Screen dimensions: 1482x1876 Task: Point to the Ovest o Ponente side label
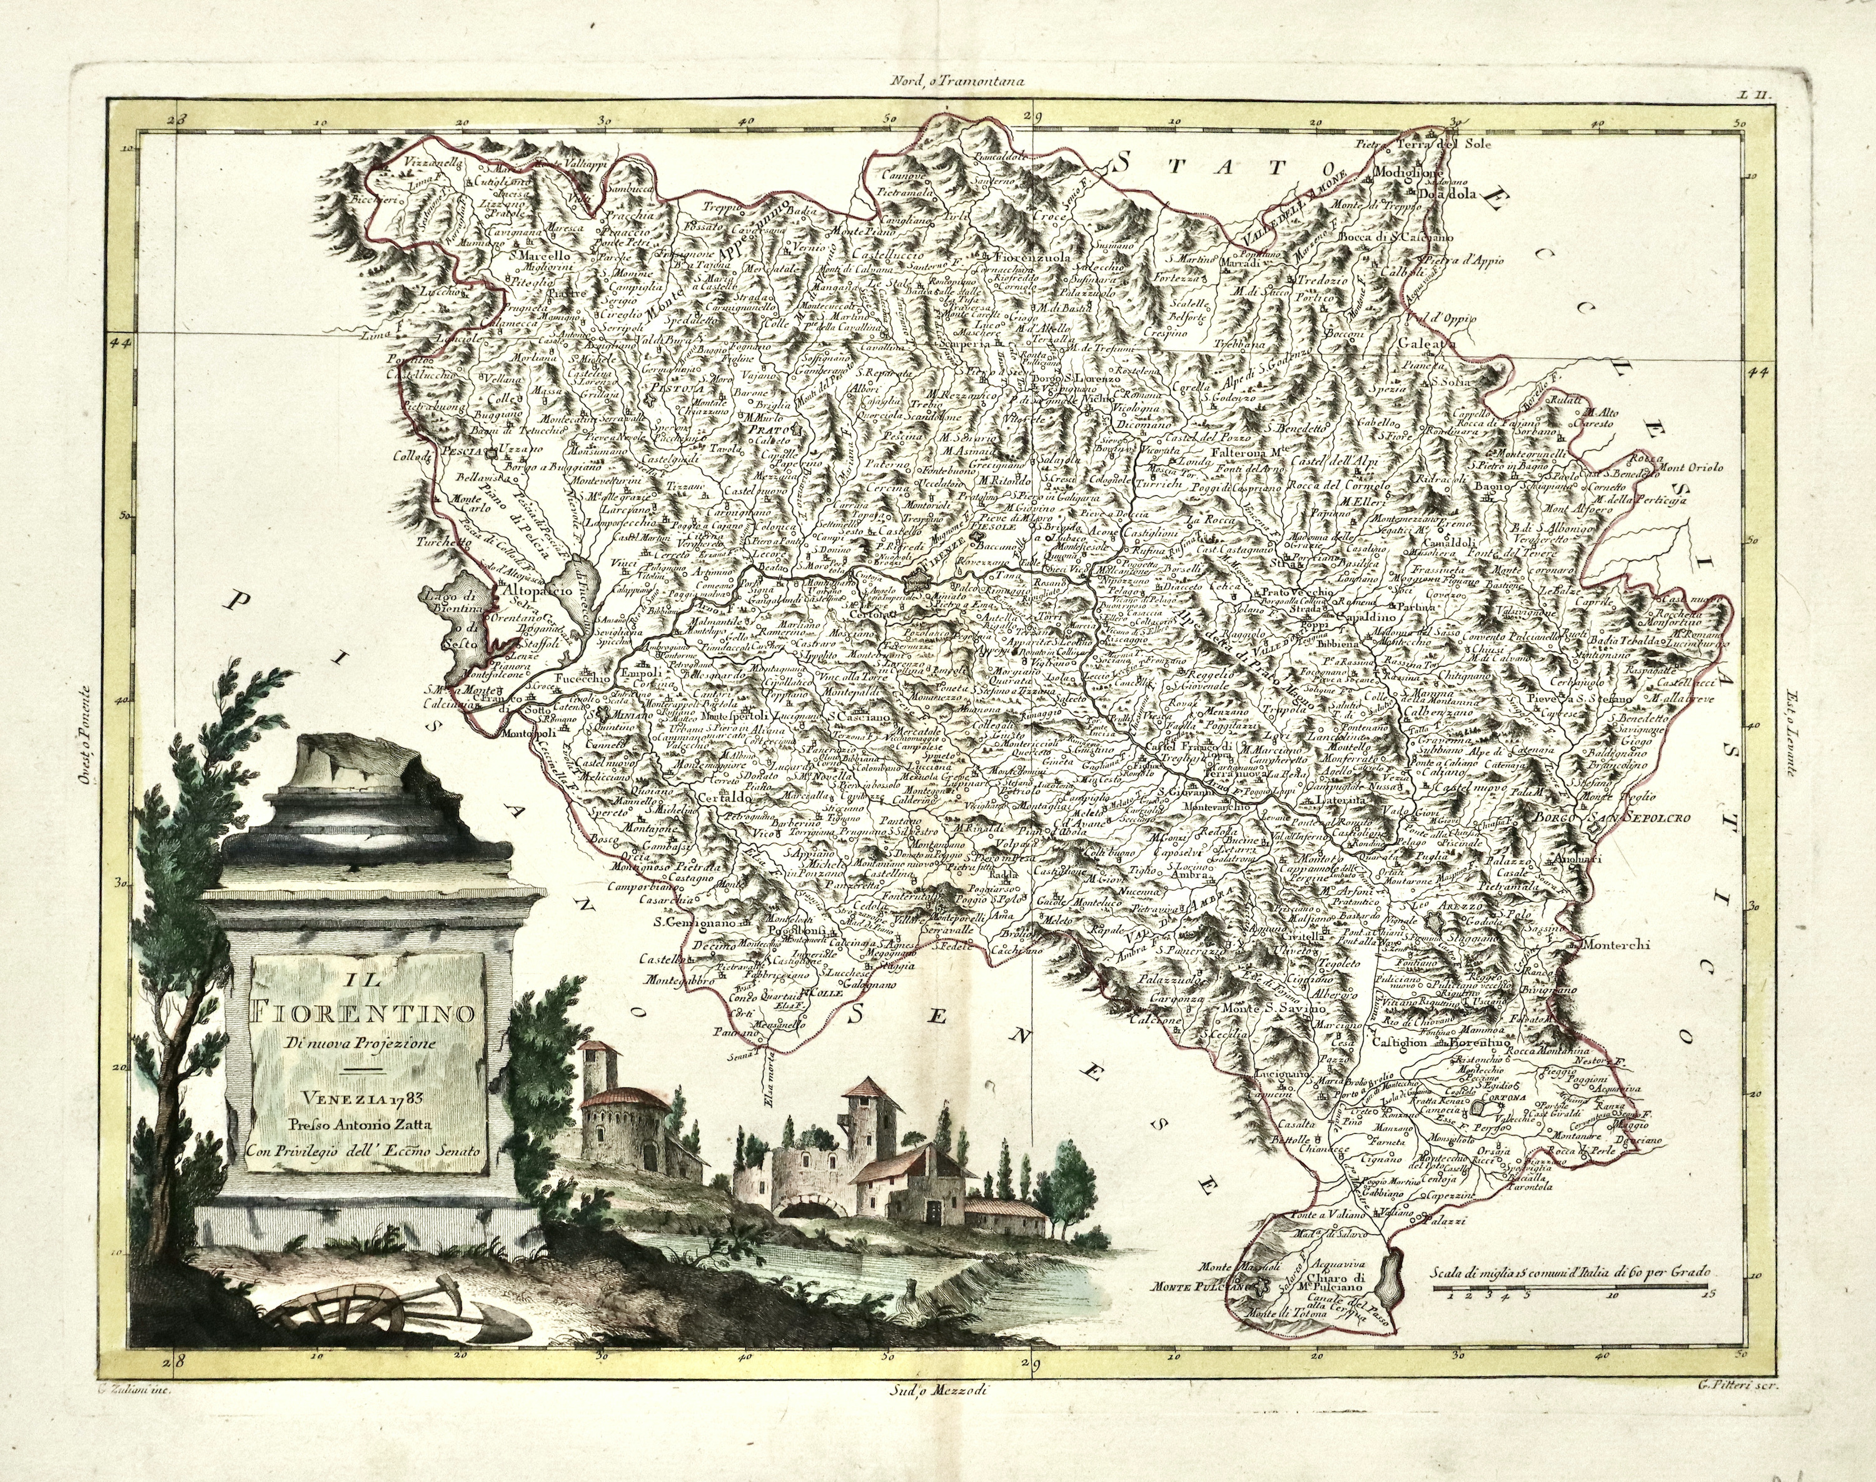click(x=83, y=740)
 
